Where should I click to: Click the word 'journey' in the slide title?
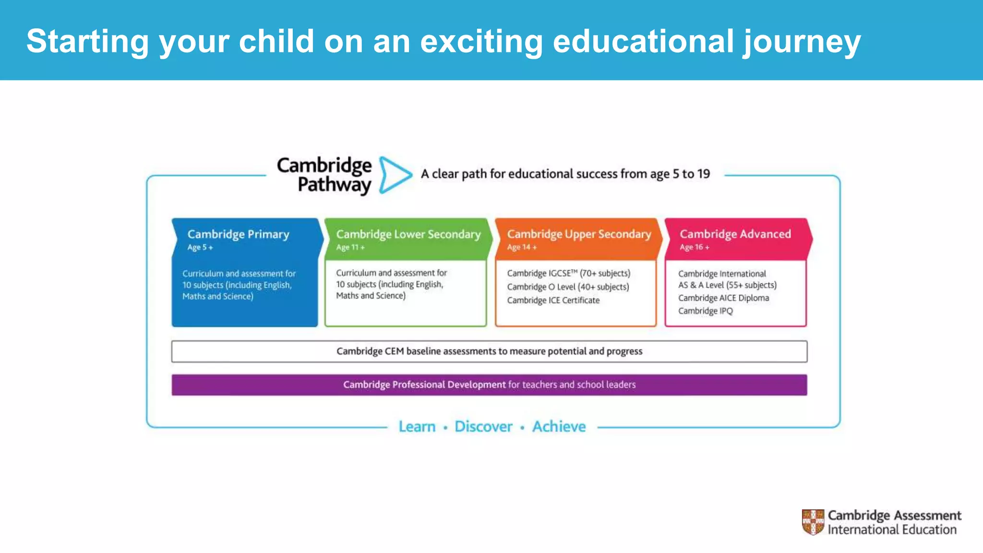[x=802, y=42]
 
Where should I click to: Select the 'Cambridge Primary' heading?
[x=238, y=234]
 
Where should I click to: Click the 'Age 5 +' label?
[x=200, y=248]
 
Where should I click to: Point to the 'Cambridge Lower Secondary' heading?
[x=408, y=234]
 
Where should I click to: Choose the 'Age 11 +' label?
[x=350, y=248]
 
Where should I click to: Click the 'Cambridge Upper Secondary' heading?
[x=579, y=234]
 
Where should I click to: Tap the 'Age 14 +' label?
[x=521, y=248]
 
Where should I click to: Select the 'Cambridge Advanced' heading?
[x=735, y=234]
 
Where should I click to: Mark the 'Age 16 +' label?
[x=694, y=248]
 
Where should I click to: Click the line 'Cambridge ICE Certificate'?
[x=553, y=301]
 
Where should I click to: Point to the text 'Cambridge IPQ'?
[x=705, y=311]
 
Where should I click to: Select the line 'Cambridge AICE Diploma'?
[x=723, y=298]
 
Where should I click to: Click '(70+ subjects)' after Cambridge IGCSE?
[x=605, y=274]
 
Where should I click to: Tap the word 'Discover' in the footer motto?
[x=483, y=426]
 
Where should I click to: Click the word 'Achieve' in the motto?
[x=559, y=426]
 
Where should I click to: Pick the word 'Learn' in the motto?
[x=417, y=426]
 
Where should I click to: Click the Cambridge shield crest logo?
[x=813, y=522]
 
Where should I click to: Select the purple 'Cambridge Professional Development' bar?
[x=489, y=385]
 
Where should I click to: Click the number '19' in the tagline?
[x=703, y=174]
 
